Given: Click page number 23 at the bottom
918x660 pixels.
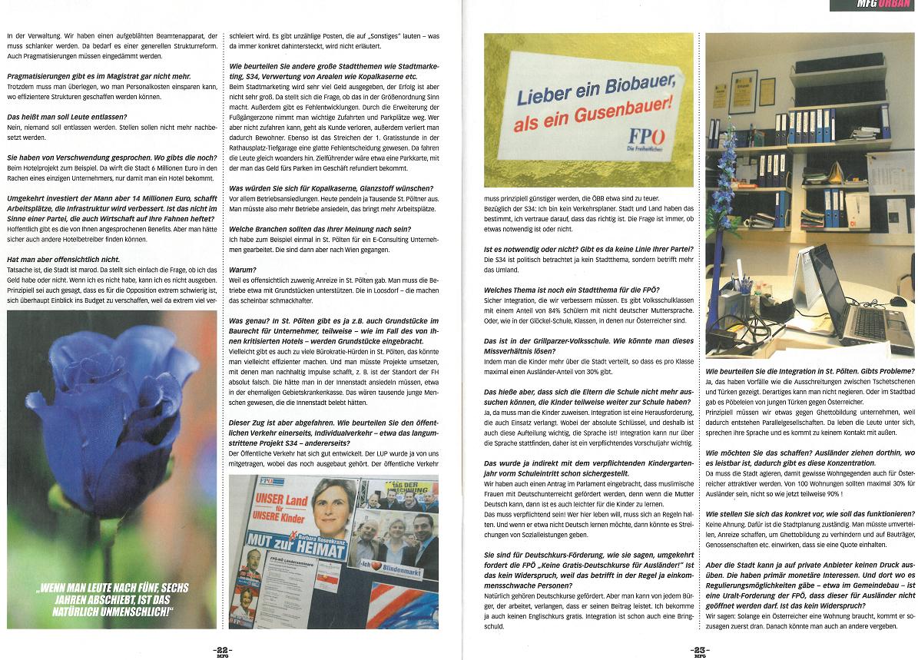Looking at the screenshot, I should (x=698, y=649).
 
